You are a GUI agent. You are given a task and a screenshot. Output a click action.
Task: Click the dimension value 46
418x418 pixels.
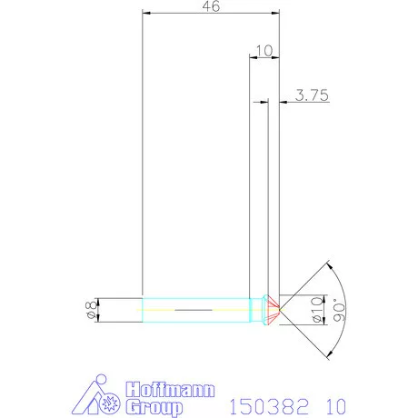[211, 6]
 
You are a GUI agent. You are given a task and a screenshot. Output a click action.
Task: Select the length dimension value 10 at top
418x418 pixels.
[264, 50]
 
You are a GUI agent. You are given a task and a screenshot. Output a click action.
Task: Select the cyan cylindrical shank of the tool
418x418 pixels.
[195, 310]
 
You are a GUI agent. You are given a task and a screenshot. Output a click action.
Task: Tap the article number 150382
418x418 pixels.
[264, 403]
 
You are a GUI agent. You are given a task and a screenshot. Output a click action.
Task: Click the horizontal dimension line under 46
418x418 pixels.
[211, 15]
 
